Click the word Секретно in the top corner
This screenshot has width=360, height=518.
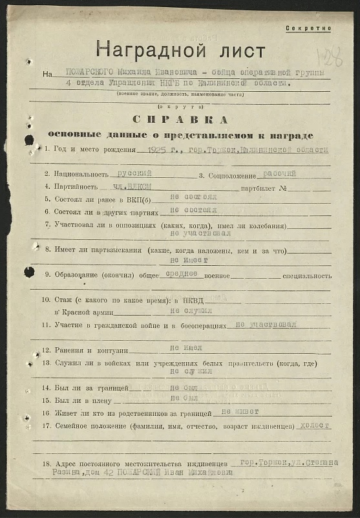click(308, 28)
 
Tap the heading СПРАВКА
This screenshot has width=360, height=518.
click(180, 120)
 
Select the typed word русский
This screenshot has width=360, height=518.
click(135, 173)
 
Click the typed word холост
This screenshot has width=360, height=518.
click(315, 426)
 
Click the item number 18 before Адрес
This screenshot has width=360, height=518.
click(46, 465)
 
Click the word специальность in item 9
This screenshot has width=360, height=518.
click(307, 275)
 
